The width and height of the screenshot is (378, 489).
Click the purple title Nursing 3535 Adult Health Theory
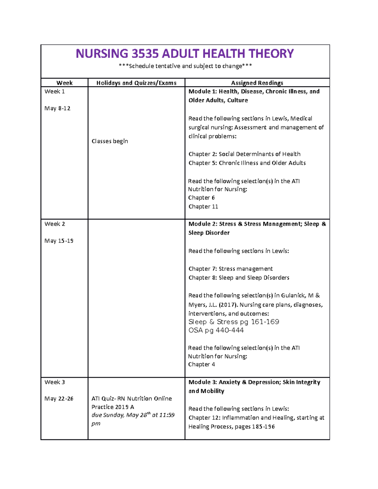(x=185, y=54)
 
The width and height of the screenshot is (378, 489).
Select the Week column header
(x=64, y=83)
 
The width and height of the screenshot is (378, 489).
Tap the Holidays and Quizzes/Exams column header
(x=136, y=83)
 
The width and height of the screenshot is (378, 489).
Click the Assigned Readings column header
(x=257, y=83)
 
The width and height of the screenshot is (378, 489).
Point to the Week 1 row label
(x=54, y=92)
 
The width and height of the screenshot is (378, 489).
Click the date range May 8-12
(x=57, y=108)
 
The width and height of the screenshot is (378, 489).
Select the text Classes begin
(x=110, y=141)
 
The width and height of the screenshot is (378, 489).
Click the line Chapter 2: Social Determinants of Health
(x=244, y=154)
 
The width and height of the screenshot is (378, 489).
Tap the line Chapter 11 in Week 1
(x=203, y=207)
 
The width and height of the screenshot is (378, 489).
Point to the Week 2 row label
(x=54, y=224)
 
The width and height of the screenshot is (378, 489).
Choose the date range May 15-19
(x=59, y=241)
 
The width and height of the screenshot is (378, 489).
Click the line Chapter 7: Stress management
(x=230, y=269)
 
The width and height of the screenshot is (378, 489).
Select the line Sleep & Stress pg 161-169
(x=233, y=322)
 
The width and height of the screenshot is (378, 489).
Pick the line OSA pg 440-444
(x=216, y=330)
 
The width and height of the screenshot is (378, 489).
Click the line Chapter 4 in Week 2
(x=202, y=364)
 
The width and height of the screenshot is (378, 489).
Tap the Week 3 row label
(x=54, y=382)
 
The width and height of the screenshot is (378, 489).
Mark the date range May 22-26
(x=59, y=399)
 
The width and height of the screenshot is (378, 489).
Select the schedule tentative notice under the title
(x=185, y=66)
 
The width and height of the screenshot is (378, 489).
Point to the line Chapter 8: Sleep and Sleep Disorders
(x=239, y=278)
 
